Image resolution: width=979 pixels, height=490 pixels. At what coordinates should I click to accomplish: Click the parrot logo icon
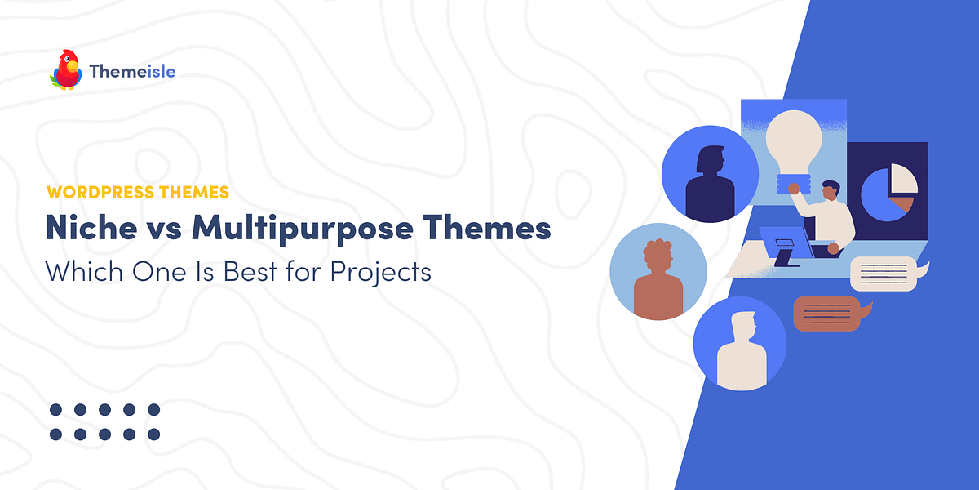(66, 70)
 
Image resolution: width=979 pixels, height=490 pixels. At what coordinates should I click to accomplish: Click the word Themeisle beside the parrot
(132, 72)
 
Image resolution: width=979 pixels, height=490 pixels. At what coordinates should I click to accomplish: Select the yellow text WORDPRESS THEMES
(138, 193)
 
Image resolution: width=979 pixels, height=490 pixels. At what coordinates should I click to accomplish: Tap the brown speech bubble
(827, 313)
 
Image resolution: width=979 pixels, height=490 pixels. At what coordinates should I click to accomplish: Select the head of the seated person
(831, 193)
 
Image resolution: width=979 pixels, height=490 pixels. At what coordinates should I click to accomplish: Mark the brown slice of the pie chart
(901, 204)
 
